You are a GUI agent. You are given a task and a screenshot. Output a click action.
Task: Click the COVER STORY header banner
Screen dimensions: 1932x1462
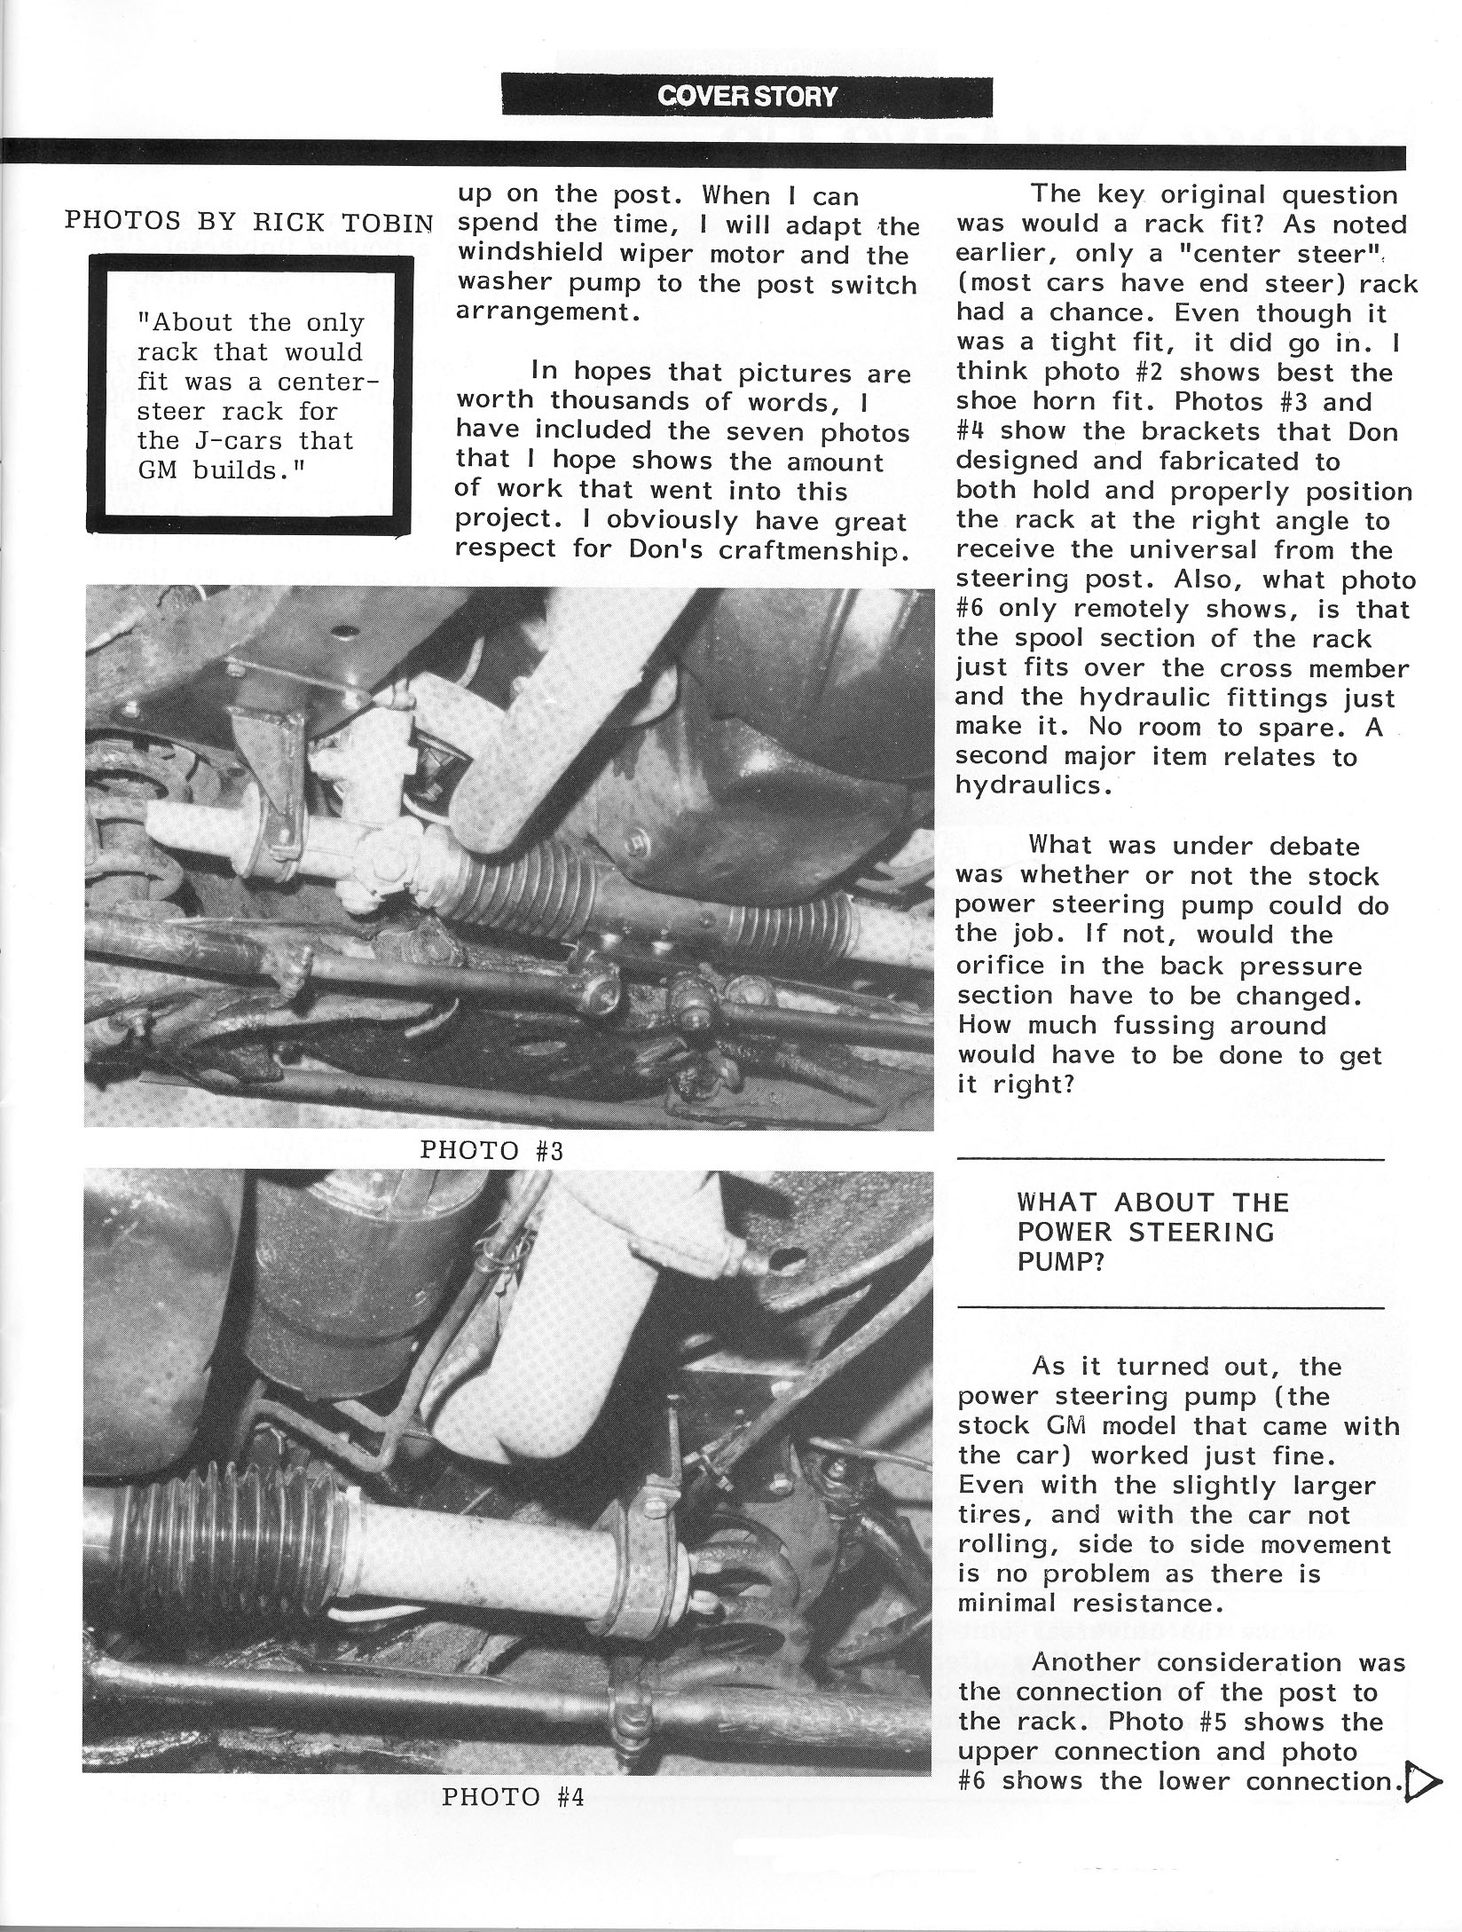click(746, 96)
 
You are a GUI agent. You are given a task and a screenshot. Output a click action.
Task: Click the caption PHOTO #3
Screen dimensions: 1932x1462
click(491, 1150)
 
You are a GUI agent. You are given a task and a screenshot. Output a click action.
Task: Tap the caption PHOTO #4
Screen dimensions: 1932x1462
click(512, 1797)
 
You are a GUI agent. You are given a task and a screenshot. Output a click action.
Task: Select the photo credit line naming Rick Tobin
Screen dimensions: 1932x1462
click(249, 222)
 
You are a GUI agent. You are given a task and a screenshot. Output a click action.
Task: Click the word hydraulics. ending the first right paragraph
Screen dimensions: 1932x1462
click(1034, 785)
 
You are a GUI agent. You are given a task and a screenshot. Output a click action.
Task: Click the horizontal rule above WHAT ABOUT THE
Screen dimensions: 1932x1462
click(1170, 1159)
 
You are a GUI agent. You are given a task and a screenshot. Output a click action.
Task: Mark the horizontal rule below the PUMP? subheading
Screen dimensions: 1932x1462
click(1170, 1307)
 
